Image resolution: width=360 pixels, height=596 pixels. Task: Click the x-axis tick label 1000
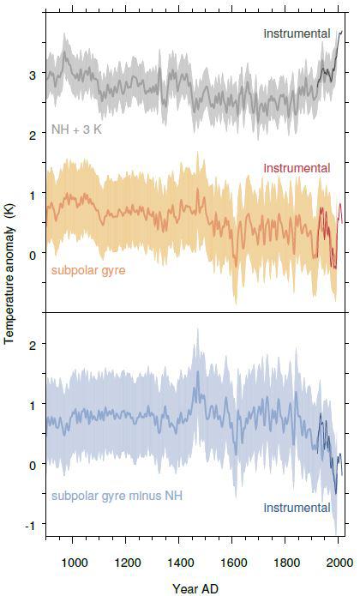coord(74,563)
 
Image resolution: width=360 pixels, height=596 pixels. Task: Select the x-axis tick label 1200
coord(127,563)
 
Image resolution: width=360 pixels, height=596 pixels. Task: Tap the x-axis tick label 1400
coord(180,563)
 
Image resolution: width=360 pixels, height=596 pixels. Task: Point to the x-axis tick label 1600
coord(233,563)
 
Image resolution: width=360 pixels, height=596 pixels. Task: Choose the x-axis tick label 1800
coord(286,563)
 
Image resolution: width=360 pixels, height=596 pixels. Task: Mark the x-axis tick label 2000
coord(339,563)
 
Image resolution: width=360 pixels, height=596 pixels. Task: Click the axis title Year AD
coord(195,588)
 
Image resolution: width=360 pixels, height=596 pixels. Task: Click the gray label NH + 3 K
coord(76,129)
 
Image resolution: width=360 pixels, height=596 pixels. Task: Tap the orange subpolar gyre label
coord(88,271)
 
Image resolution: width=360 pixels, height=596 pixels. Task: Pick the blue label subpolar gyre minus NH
coord(117,496)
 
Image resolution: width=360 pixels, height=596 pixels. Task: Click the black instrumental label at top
coord(297,33)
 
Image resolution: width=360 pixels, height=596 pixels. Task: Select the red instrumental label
coord(297,167)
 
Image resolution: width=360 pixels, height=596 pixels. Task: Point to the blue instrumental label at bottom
coord(297,508)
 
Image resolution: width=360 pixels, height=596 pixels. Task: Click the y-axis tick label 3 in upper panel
coord(33,75)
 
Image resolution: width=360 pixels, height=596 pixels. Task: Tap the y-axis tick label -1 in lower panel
coord(31,526)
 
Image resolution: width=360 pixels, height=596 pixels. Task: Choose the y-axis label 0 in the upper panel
coord(33,255)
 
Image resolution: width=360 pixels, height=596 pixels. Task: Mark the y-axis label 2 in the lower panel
coord(33,345)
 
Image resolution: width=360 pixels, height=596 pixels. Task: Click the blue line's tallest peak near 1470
coord(198,371)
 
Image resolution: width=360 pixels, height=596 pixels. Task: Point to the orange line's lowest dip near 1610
coord(236,265)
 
